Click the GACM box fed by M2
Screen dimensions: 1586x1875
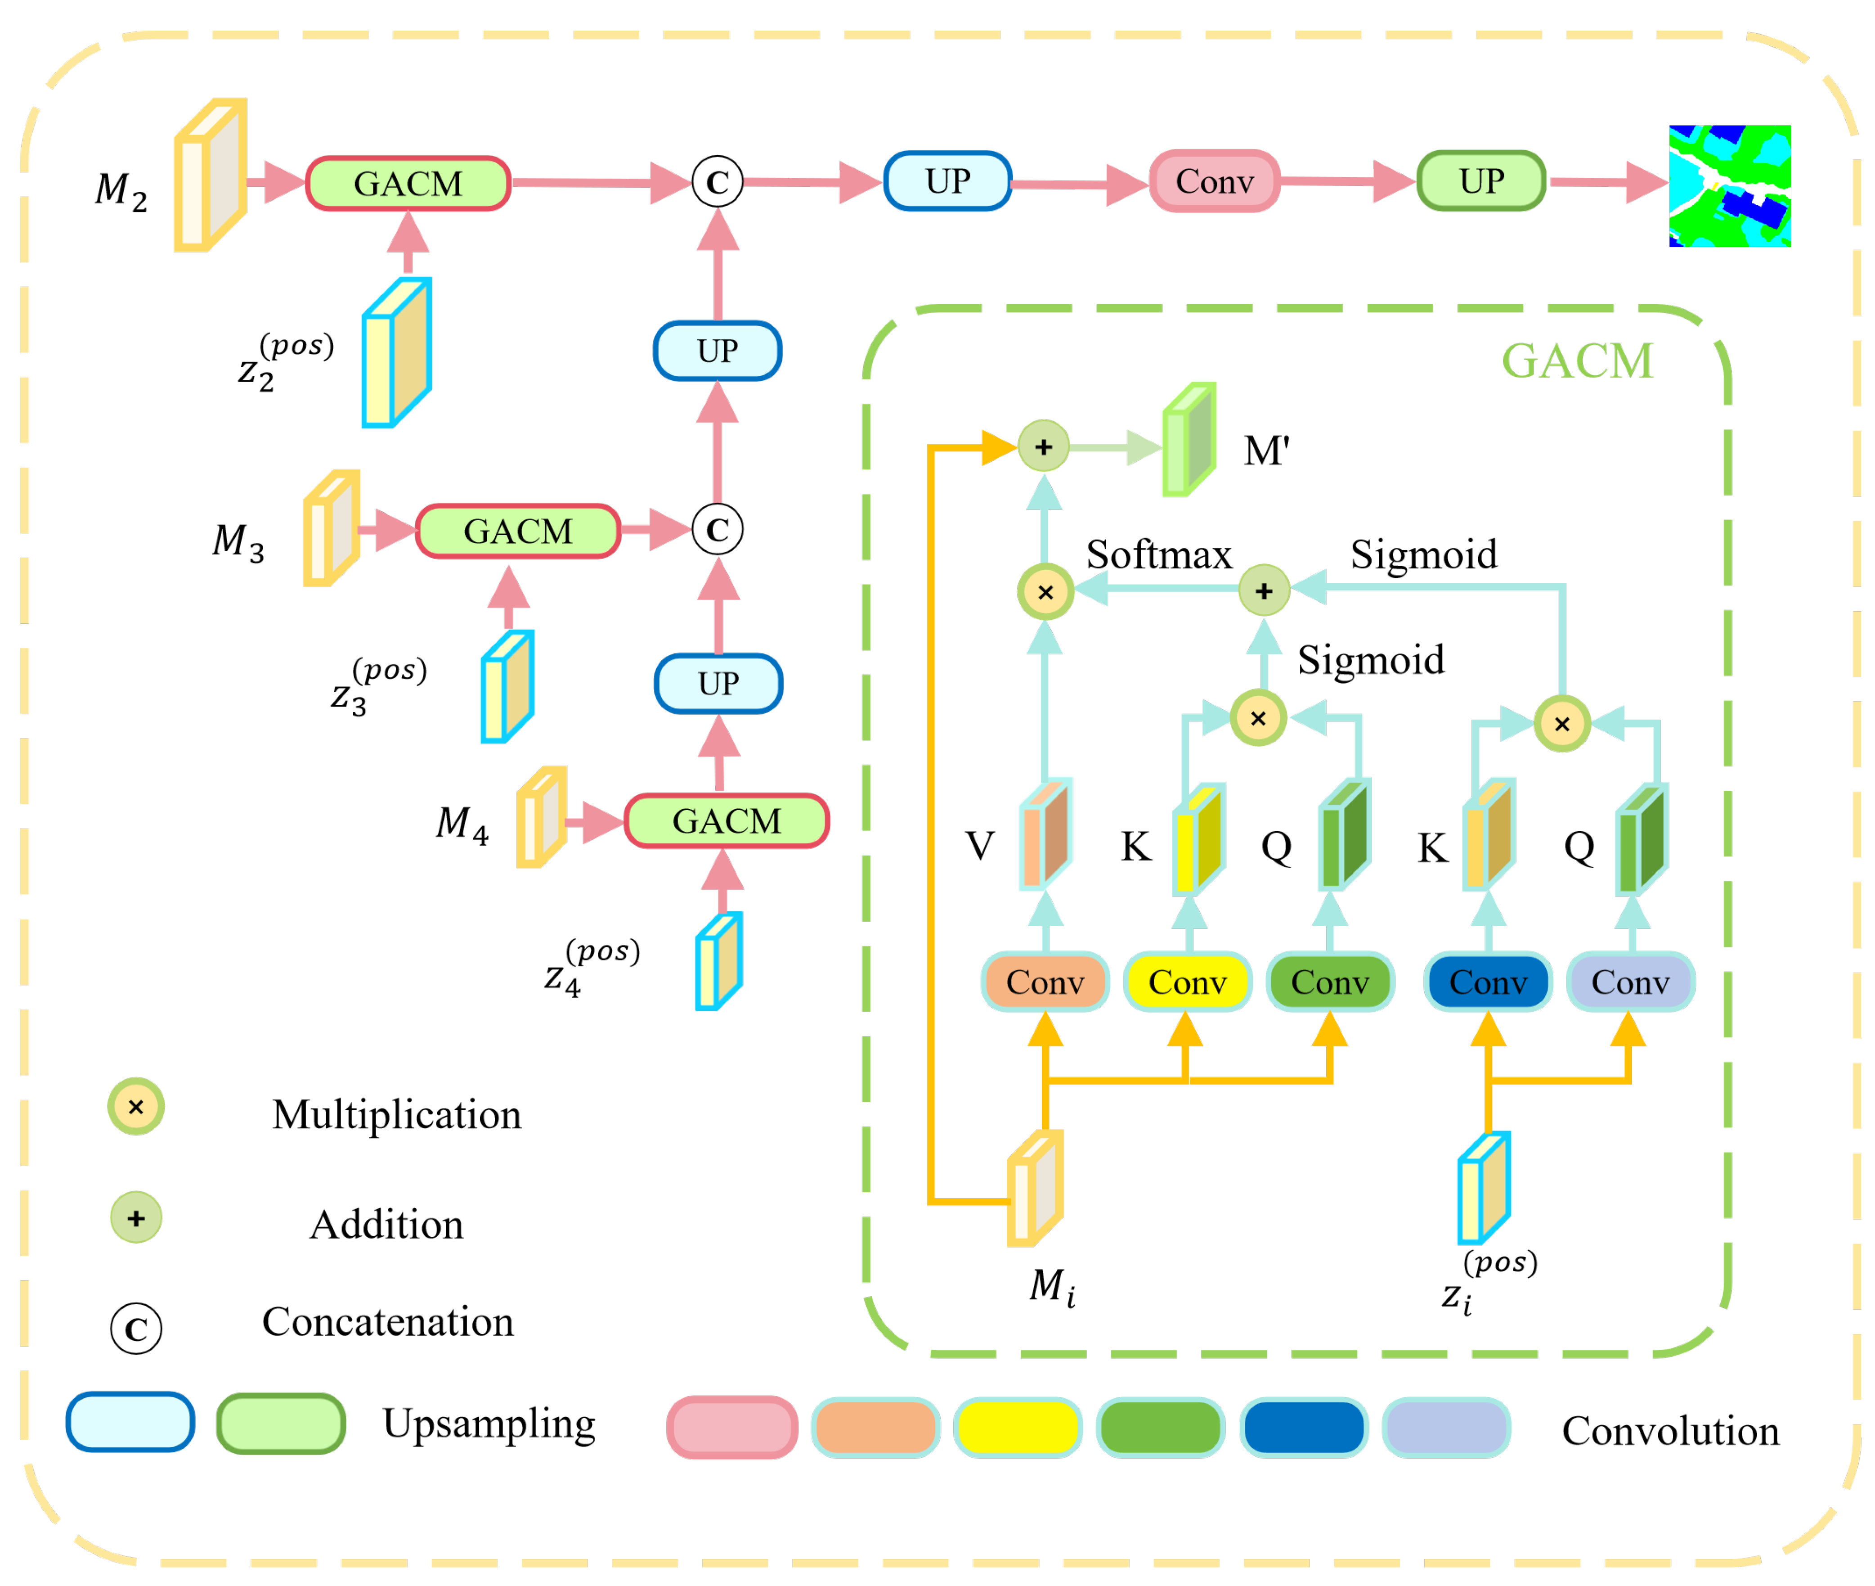[x=408, y=184]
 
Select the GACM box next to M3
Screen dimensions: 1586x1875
[x=518, y=532]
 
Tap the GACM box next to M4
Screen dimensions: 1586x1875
[x=726, y=821]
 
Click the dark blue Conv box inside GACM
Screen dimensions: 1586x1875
[x=1488, y=982]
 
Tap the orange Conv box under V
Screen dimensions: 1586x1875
[x=1045, y=982]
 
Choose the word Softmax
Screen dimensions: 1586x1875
[x=1159, y=555]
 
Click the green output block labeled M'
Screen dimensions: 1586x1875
[x=1188, y=441]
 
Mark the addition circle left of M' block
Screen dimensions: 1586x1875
[x=1044, y=446]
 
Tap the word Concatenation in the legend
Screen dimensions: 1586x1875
[x=387, y=1322]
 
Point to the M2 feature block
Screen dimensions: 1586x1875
[x=211, y=176]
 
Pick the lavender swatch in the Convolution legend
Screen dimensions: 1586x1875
[x=1445, y=1427]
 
